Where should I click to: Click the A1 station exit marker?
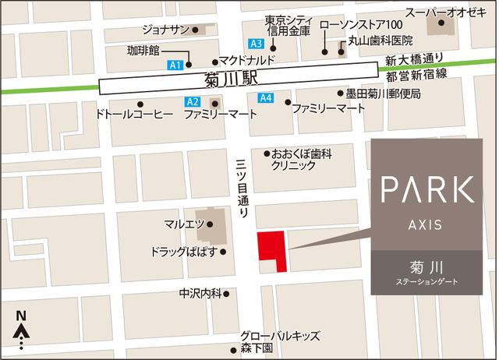175,65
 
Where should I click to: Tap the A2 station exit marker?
193,102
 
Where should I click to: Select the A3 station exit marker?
256,44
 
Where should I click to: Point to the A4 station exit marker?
266,98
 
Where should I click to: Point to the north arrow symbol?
22,331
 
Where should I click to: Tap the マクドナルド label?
249,61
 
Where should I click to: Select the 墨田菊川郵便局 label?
384,94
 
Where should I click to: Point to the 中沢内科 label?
199,294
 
